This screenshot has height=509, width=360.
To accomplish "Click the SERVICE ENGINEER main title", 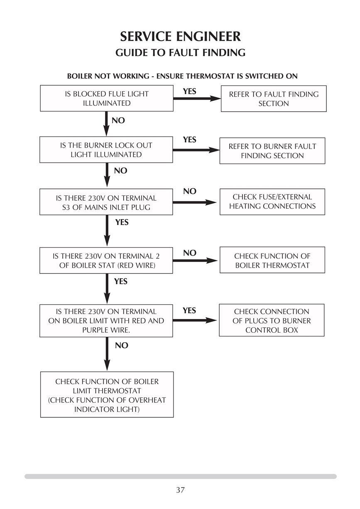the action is pos(180,37).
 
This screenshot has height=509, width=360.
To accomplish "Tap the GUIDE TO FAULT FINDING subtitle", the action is pos(180,53).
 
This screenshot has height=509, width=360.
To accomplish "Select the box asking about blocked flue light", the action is pos(107,98).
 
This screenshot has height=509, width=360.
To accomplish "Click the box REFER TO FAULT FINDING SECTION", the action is pos(274,99).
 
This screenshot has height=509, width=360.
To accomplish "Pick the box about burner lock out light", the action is pos(106,150).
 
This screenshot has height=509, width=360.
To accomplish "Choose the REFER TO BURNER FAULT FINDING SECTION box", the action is pos(272,151).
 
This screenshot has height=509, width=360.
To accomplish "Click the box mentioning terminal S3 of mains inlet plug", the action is pos(106,202).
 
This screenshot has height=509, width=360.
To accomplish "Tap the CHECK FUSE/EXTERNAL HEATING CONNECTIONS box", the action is pos(272,202).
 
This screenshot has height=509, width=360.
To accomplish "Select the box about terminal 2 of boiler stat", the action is pos(106,261).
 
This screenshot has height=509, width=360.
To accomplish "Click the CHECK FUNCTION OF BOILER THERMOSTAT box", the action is pos(272,260).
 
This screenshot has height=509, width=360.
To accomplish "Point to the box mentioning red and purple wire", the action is pos(106,321).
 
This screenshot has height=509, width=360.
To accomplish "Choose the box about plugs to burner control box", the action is pos(272,320).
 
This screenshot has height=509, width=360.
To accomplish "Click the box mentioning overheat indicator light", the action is pos(107,395).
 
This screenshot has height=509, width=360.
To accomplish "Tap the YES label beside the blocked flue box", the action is pos(189,91).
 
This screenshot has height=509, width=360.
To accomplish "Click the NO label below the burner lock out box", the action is pos(120,170).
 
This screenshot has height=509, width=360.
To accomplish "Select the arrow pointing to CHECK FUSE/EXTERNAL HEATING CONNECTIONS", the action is pos(194,202).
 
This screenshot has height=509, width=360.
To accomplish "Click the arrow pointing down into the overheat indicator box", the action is pos(107,354).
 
